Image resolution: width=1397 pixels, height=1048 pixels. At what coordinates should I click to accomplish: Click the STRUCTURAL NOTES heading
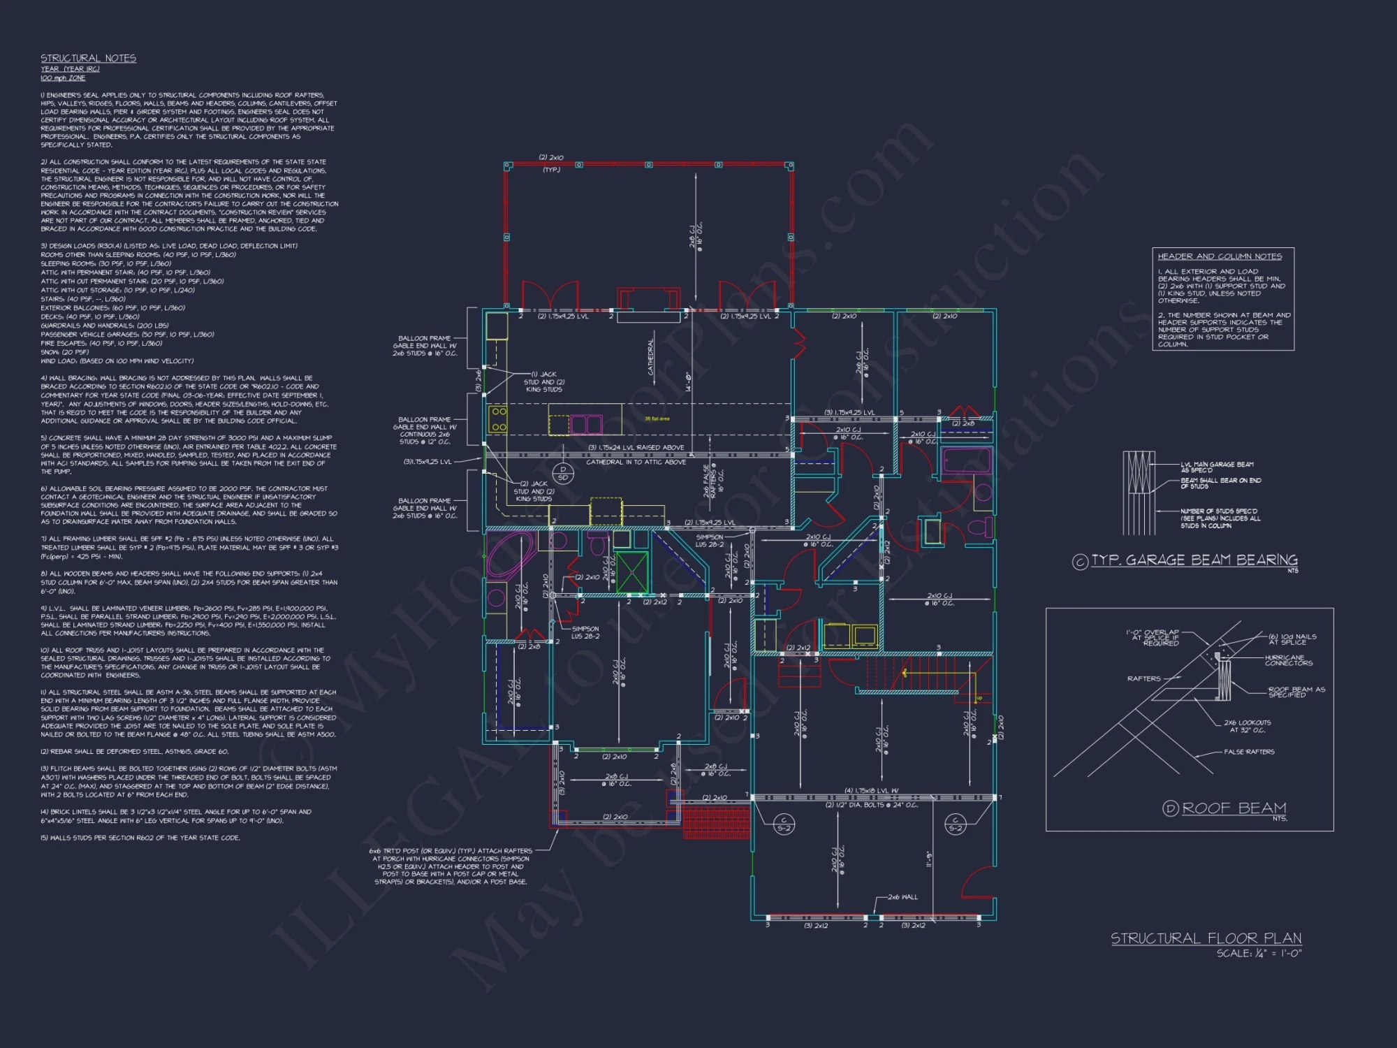pos(88,58)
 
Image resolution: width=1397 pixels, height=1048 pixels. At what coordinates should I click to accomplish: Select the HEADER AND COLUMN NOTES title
pos(1220,256)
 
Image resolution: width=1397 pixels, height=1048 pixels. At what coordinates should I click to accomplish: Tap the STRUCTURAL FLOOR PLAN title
pos(1206,938)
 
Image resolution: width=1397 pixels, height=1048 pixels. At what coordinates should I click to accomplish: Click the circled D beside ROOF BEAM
pos(1170,808)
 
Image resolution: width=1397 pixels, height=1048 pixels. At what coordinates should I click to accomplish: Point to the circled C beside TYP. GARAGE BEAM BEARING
pos(1080,561)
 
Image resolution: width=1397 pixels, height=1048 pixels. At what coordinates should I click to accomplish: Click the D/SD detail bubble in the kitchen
pos(563,474)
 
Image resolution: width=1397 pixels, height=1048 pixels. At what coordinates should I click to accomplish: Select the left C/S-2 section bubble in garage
pos(784,824)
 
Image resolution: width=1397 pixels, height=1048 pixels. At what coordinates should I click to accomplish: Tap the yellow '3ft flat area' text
pos(657,419)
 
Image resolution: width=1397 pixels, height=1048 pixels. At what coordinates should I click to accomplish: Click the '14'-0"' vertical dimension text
pos(687,381)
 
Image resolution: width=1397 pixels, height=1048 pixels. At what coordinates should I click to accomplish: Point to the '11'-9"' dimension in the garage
pos(929,859)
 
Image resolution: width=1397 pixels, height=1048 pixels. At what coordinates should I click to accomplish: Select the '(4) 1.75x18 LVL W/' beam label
pos(871,791)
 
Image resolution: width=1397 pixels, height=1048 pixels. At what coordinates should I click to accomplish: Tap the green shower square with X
pos(631,572)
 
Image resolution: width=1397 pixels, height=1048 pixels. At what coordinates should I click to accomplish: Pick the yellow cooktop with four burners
pos(498,419)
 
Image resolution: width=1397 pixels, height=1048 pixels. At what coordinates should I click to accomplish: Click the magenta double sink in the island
pos(587,423)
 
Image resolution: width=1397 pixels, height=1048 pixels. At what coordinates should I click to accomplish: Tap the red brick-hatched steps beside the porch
pos(716,822)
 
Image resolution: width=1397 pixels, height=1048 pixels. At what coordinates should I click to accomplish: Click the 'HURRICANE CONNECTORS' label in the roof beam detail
pos(1288,660)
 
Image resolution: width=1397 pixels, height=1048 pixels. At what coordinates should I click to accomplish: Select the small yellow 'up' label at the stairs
pos(979,698)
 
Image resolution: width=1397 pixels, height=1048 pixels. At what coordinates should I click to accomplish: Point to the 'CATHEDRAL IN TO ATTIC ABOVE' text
pos(636,462)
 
